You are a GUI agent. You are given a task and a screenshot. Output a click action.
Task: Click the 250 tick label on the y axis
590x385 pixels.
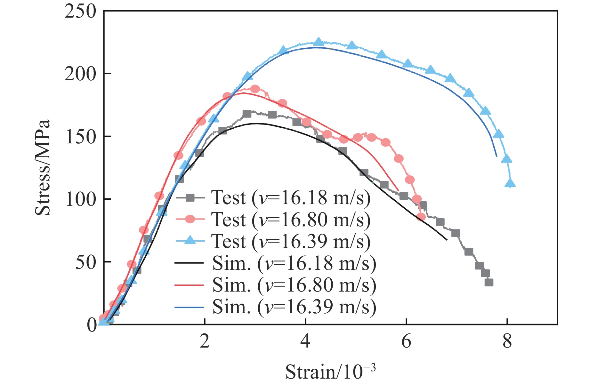click(80, 12)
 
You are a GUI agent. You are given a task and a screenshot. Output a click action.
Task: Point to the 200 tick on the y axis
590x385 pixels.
click(80, 74)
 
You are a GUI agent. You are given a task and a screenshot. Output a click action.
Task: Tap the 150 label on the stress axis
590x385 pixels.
click(80, 137)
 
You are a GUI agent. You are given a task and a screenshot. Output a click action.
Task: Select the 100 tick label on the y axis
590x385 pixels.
click(80, 200)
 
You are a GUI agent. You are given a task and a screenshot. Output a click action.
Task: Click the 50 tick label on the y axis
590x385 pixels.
click(85, 262)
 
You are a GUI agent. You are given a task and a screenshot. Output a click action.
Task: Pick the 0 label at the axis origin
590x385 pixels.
click(92, 325)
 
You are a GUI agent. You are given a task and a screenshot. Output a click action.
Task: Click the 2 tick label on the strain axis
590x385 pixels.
click(205, 342)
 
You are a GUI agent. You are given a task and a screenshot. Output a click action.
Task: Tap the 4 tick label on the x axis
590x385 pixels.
click(305, 342)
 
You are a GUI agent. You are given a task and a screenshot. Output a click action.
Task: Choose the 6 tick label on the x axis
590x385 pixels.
click(406, 342)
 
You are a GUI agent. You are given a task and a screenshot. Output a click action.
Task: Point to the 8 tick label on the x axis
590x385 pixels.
click(507, 342)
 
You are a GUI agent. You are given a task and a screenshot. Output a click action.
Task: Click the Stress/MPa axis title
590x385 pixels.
click(43, 167)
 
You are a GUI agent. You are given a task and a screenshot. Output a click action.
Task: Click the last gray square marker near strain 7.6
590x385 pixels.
click(489, 282)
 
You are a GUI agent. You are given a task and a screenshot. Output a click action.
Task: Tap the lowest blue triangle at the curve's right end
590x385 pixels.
click(510, 183)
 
